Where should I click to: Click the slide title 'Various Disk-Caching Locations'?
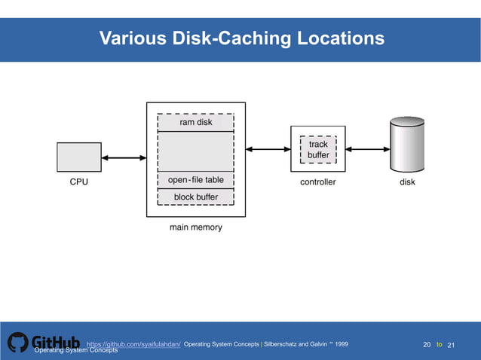[x=241, y=38]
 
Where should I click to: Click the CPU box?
[x=78, y=157]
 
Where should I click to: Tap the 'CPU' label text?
[x=78, y=182]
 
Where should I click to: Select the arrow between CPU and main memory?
[x=124, y=158]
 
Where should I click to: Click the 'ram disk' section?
[x=195, y=122]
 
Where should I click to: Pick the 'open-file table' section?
[x=195, y=180]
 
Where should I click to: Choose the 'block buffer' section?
[x=195, y=197]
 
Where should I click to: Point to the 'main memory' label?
[x=195, y=227]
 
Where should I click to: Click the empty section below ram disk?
[x=195, y=151]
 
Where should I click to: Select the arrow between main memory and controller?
[x=268, y=149]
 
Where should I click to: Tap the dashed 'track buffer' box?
[x=318, y=149]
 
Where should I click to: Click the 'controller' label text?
[x=317, y=182]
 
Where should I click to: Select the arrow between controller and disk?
[x=368, y=149]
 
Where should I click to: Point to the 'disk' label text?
[x=407, y=182]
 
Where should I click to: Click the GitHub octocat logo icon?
[x=18, y=342]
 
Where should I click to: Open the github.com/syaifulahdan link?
[x=133, y=344]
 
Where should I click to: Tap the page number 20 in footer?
[x=427, y=345]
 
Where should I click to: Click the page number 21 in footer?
[x=452, y=345]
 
